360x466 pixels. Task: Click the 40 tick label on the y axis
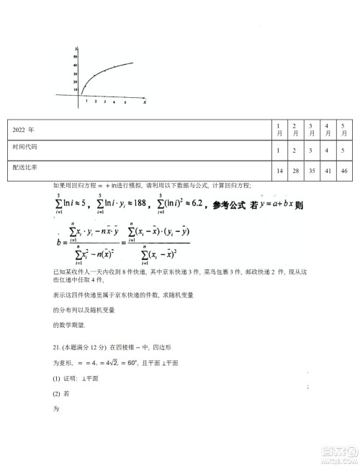pyautogui.click(x=75, y=66)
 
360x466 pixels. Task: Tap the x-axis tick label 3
pyautogui.click(x=105, y=102)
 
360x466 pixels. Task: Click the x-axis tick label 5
pyautogui.click(x=125, y=102)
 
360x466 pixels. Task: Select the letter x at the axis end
pyautogui.click(x=145, y=102)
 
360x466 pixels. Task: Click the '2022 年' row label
pyautogui.click(x=24, y=130)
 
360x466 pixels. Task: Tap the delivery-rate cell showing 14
pyautogui.click(x=279, y=170)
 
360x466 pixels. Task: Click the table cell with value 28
pyautogui.click(x=295, y=170)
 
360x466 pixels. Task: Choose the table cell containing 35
pyautogui.click(x=312, y=170)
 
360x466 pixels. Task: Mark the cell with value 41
pyautogui.click(x=328, y=170)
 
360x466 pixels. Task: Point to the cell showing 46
pyautogui.click(x=345, y=170)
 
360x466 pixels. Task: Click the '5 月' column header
pyautogui.click(x=345, y=130)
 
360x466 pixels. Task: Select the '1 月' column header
pyautogui.click(x=279, y=130)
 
